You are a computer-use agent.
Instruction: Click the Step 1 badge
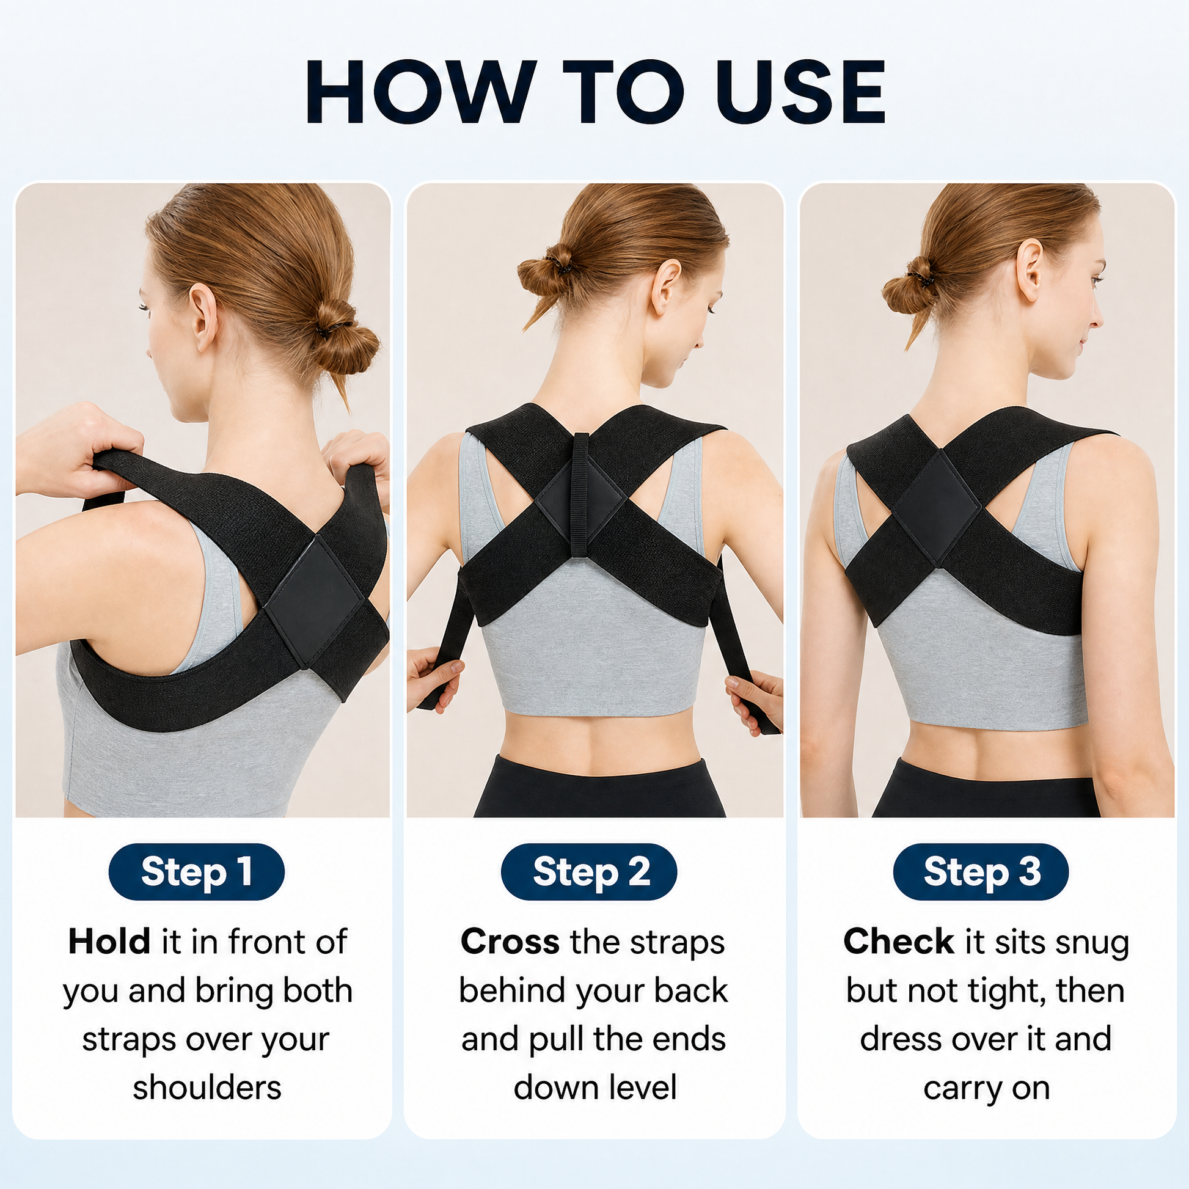tap(196, 871)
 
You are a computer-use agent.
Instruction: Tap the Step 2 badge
tap(589, 871)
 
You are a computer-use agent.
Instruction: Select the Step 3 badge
tap(981, 871)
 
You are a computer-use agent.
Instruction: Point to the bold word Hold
tap(109, 942)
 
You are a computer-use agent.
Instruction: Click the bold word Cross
tap(510, 942)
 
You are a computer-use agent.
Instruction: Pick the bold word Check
tap(899, 942)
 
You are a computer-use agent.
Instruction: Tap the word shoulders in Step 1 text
tap(207, 1088)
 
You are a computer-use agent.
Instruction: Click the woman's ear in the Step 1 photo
tap(203, 316)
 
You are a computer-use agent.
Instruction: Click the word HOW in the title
tap(421, 92)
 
